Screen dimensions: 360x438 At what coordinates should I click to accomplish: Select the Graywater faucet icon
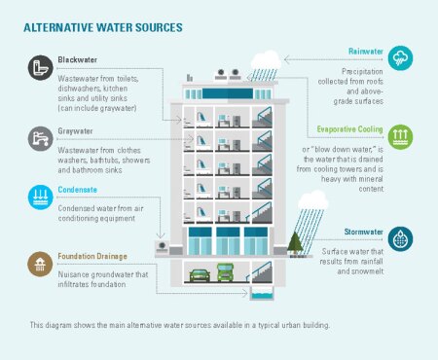40,137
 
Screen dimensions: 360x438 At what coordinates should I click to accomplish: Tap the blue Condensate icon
40,195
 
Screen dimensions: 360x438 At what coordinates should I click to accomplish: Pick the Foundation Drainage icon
40,263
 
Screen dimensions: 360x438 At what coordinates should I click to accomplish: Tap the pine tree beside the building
295,241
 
